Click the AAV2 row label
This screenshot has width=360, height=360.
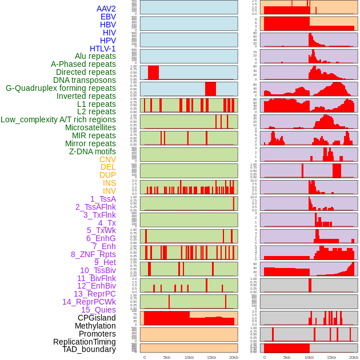[x=106, y=9]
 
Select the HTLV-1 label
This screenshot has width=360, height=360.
[x=102, y=49]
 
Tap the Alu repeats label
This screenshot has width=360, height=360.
[x=95, y=57]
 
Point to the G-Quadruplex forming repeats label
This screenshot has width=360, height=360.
[x=61, y=89]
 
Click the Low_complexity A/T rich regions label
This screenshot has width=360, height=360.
[x=58, y=120]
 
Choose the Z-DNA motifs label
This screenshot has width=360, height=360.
[x=93, y=152]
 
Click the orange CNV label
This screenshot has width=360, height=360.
[x=107, y=160]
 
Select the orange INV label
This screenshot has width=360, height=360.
[x=109, y=191]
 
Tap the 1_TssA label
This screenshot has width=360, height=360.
[x=103, y=199]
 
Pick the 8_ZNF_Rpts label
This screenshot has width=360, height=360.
[x=93, y=254]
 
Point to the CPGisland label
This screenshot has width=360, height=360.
[x=97, y=318]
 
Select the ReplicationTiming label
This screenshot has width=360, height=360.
[x=84, y=342]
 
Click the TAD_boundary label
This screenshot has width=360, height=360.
[x=89, y=349]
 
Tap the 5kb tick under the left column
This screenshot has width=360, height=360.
[x=167, y=357]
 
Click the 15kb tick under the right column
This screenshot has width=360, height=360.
[x=331, y=357]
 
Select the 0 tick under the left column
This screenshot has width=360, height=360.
[x=144, y=357]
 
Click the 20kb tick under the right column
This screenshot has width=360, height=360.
[x=353, y=357]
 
